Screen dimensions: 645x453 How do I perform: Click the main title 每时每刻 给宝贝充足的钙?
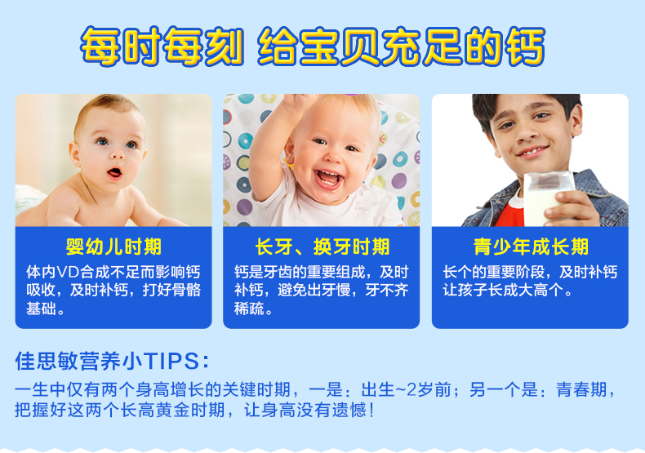tap(313, 46)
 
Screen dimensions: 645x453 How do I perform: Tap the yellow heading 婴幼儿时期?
tap(113, 246)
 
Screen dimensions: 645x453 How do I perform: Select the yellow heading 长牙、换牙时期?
tap(322, 246)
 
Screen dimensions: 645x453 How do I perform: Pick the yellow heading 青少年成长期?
tap(531, 246)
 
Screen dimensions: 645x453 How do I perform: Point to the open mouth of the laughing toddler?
tap(328, 179)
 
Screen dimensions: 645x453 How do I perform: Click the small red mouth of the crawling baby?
tap(114, 173)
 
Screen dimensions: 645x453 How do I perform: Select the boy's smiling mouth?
tap(532, 152)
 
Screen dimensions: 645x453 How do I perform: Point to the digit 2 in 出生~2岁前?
tap(411, 389)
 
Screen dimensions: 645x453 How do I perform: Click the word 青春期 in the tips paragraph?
tap(581, 389)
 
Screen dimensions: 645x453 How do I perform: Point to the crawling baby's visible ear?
tap(75, 154)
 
